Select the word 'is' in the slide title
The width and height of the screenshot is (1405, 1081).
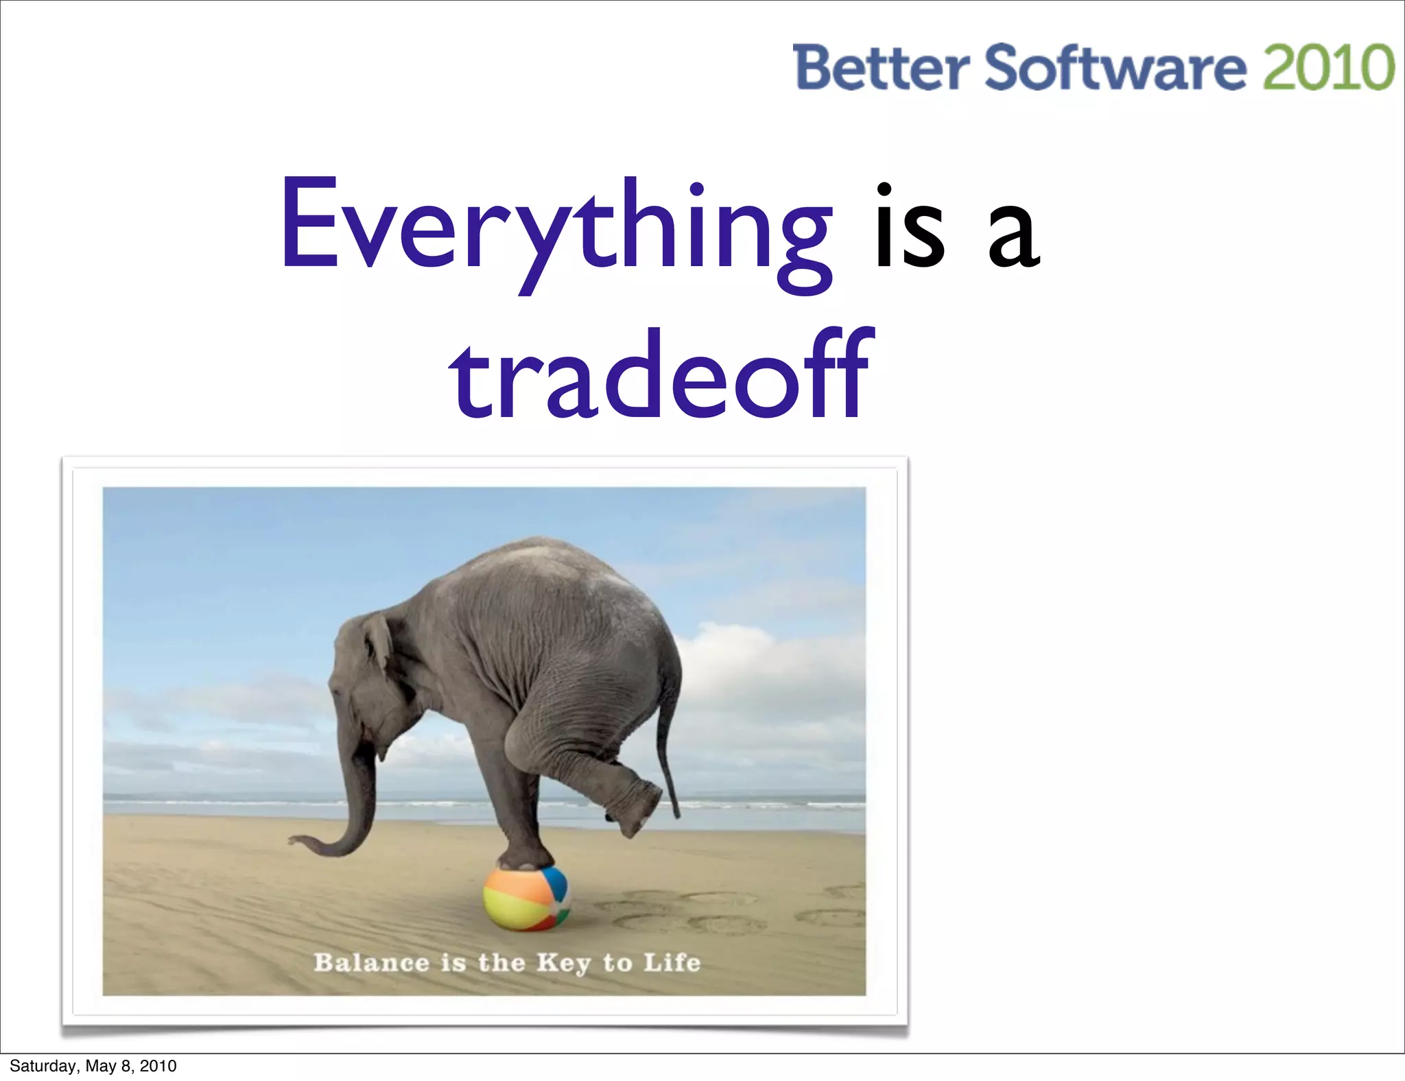click(910, 230)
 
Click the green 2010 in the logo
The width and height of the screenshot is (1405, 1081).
click(1328, 67)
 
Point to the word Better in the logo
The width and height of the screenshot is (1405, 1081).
click(881, 67)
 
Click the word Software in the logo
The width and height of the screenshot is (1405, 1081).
click(1115, 67)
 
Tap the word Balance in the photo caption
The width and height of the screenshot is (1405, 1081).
click(371, 962)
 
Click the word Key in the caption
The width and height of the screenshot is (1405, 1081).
click(563, 963)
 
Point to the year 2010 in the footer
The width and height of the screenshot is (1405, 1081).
click(158, 1066)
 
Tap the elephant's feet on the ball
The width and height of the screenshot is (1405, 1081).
click(526, 857)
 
